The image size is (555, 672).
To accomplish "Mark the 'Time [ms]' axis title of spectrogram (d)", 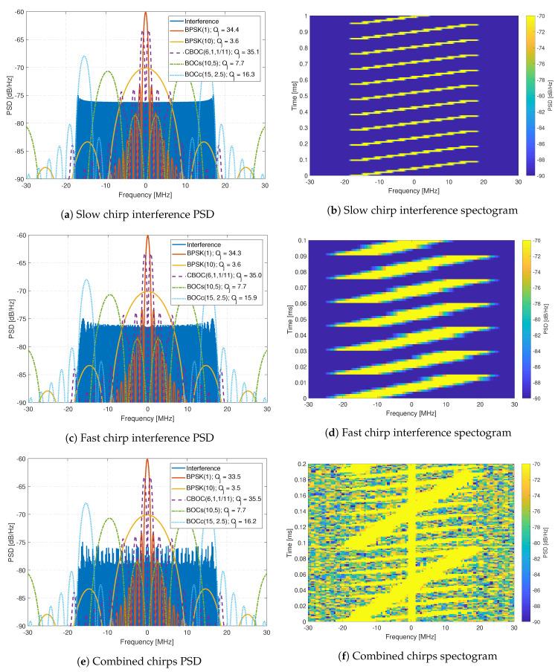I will (x=285, y=319).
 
